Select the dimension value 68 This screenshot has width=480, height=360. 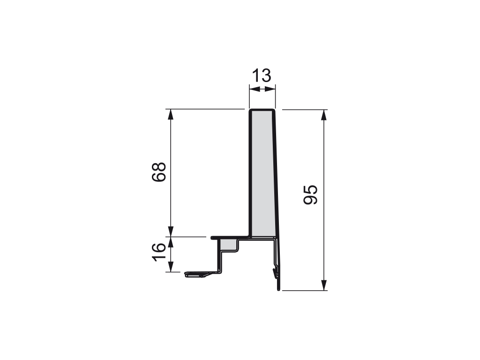(x=159, y=172)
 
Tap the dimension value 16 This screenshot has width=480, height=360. (x=159, y=254)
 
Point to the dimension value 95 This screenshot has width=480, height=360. (x=311, y=194)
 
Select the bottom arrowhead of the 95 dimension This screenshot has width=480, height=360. (x=323, y=285)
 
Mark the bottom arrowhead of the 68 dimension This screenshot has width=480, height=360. (x=172, y=232)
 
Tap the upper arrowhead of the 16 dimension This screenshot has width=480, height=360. (x=172, y=242)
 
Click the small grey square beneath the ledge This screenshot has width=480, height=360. (x=229, y=244)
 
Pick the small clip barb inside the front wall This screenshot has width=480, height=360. (x=275, y=271)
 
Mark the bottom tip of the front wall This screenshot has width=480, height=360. (x=279, y=290)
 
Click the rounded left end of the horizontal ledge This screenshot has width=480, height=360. (x=213, y=238)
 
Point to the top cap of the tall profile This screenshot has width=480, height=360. (x=262, y=110)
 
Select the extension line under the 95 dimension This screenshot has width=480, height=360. (x=305, y=290)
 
